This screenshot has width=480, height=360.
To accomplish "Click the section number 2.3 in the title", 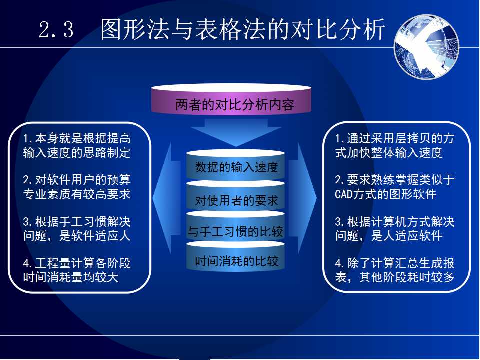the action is coord(56,30).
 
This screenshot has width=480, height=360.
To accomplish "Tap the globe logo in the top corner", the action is coord(426,47).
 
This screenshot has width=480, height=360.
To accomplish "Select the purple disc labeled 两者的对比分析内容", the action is coord(231,99).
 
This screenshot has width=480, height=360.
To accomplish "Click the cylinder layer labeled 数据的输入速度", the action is coord(235,165).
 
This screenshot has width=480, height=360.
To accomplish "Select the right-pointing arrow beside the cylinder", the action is coord(302,198).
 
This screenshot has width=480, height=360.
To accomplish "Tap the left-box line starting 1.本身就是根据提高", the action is coord(77,138).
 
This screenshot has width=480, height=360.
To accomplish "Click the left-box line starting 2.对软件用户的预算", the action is coord(77,180).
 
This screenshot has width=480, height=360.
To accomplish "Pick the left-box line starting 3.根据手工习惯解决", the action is coord(77,221).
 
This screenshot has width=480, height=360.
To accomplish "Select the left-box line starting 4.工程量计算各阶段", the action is coord(77,263).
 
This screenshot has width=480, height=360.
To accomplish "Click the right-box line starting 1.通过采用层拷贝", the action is coord(395,138).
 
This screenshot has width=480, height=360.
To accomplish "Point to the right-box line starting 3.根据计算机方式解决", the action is coord(395,221).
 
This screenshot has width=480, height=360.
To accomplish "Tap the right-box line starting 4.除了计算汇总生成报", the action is coord(395,263).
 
